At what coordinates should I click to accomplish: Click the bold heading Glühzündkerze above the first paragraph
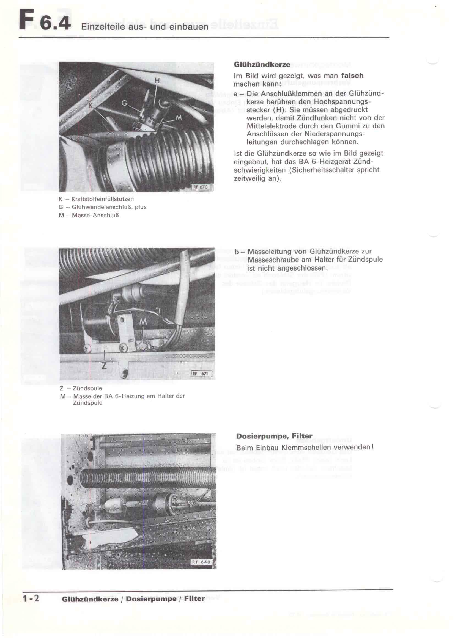pos(262,64)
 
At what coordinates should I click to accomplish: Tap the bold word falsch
pos(352,76)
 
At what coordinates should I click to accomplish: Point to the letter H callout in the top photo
pos(157,81)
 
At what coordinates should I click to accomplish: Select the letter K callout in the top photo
pos(91,106)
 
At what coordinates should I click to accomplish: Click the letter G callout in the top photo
pos(124,103)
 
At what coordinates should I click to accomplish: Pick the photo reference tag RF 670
pos(201,187)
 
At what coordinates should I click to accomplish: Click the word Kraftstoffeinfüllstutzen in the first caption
pos(103,199)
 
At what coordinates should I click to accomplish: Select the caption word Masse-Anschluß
pos(95,215)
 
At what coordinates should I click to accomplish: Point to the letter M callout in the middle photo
pos(143,322)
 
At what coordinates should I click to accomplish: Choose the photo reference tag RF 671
pos(201,374)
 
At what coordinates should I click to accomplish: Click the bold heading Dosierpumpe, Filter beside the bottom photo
pos(274,436)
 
